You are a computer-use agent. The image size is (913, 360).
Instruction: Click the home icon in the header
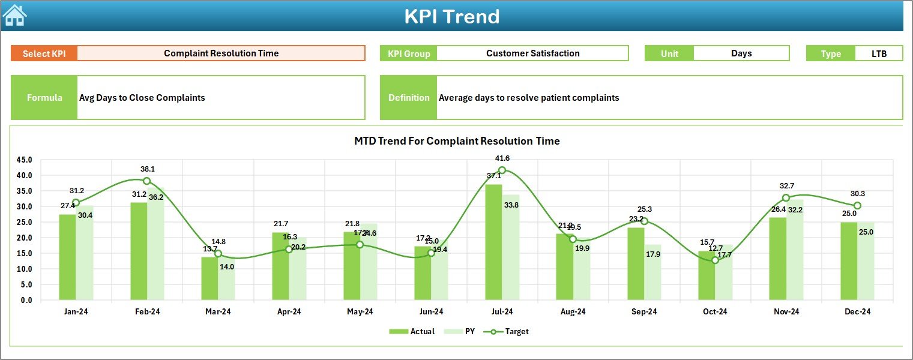click(15, 15)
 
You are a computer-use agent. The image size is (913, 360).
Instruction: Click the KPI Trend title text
click(451, 17)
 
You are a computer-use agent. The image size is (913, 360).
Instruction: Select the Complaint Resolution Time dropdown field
click(221, 53)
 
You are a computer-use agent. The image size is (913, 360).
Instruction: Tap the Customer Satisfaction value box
click(532, 53)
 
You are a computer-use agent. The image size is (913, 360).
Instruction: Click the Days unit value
click(741, 53)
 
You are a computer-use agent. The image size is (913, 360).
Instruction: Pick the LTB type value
click(879, 53)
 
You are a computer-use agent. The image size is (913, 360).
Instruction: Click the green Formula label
click(44, 98)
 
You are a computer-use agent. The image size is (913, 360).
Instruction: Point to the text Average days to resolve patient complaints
click(529, 98)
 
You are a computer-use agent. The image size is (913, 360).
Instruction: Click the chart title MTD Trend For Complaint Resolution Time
click(457, 141)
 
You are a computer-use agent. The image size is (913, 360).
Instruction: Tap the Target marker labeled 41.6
click(502, 170)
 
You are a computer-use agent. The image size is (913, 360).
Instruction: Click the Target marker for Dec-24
click(857, 206)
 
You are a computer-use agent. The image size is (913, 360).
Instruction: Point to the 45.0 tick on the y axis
click(25, 160)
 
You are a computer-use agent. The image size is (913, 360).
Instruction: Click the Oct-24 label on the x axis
click(715, 312)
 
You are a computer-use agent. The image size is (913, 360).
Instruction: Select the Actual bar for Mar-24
click(209, 278)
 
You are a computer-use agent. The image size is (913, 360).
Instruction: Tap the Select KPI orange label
click(44, 53)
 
